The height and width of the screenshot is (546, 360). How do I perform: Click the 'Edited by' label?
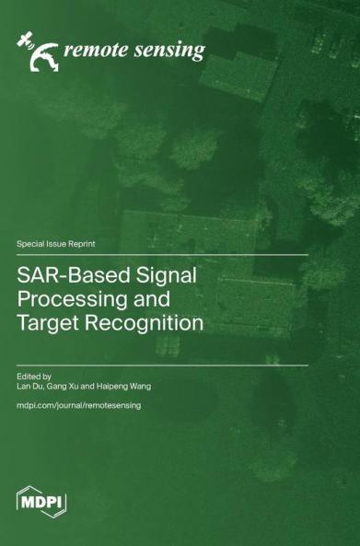(x=35, y=376)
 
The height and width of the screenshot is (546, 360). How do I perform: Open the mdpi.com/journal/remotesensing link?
(x=79, y=406)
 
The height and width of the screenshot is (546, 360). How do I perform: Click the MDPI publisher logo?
(x=42, y=501)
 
